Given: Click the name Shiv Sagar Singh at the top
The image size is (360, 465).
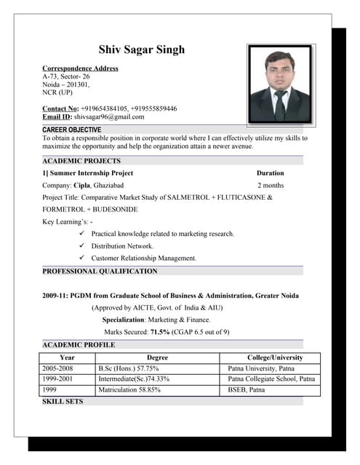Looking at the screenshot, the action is click(x=142, y=49).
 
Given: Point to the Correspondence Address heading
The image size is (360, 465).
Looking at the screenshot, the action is click(x=80, y=68).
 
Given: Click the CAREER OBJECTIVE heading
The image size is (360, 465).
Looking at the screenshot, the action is click(x=72, y=129).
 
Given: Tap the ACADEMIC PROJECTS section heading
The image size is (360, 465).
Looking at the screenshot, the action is click(x=81, y=161).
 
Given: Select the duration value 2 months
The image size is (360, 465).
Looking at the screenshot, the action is click(x=270, y=185).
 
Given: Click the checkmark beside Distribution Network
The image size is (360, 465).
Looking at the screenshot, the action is click(x=81, y=246).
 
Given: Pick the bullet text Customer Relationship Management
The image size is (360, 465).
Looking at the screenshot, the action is click(x=144, y=258).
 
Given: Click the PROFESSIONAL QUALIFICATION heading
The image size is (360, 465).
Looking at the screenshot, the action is click(x=100, y=271).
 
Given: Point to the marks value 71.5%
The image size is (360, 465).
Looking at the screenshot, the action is click(x=160, y=332).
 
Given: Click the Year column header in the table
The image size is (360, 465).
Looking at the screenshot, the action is click(x=67, y=357).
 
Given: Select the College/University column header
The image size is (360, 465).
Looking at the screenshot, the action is click(x=275, y=357).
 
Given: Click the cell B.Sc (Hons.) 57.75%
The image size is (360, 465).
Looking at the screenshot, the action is click(x=129, y=368).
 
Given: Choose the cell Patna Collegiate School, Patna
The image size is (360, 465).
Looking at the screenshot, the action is click(x=271, y=379).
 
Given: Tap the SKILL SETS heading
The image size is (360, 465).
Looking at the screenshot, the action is click(x=63, y=400).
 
